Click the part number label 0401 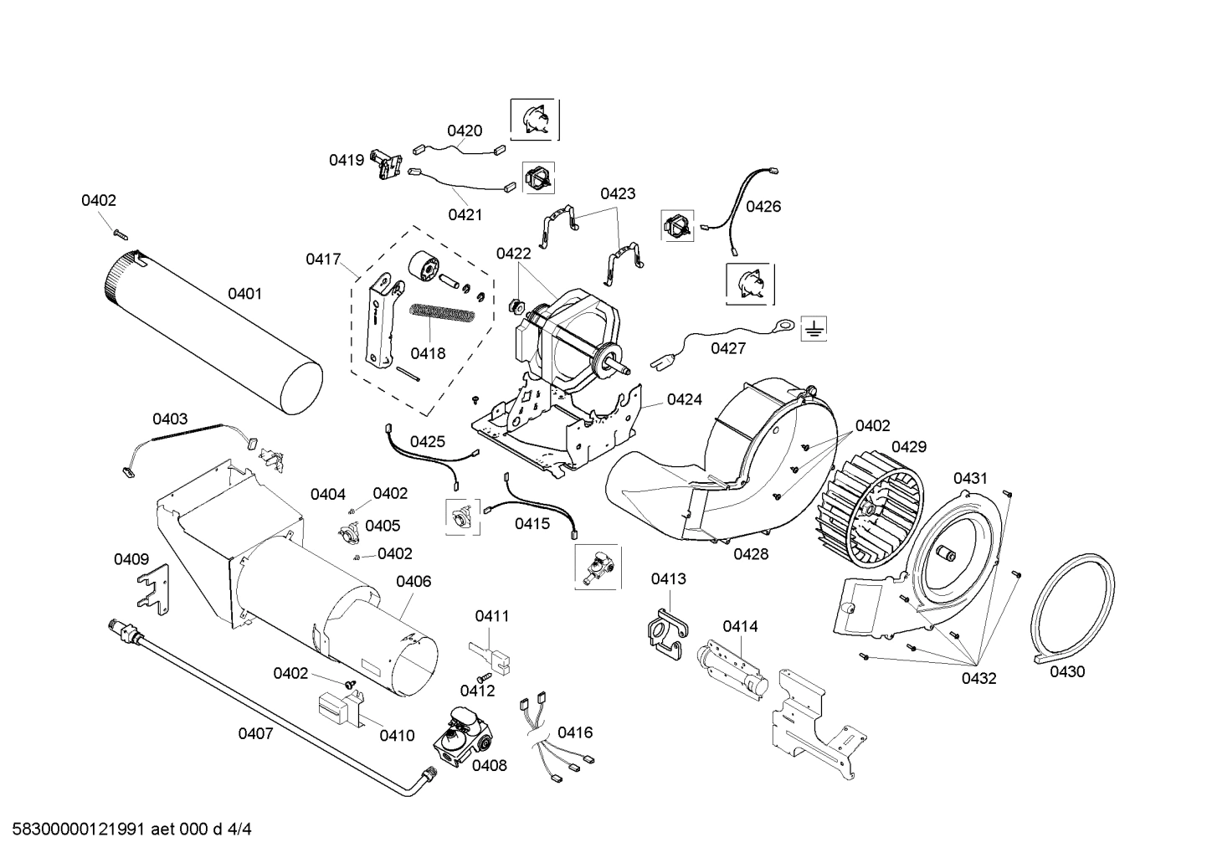(x=244, y=294)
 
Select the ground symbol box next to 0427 (x=812, y=329)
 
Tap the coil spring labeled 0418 (x=443, y=314)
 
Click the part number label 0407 (x=255, y=733)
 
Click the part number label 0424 (x=685, y=399)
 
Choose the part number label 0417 (x=322, y=259)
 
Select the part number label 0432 (x=978, y=678)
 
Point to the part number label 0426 (x=763, y=206)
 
